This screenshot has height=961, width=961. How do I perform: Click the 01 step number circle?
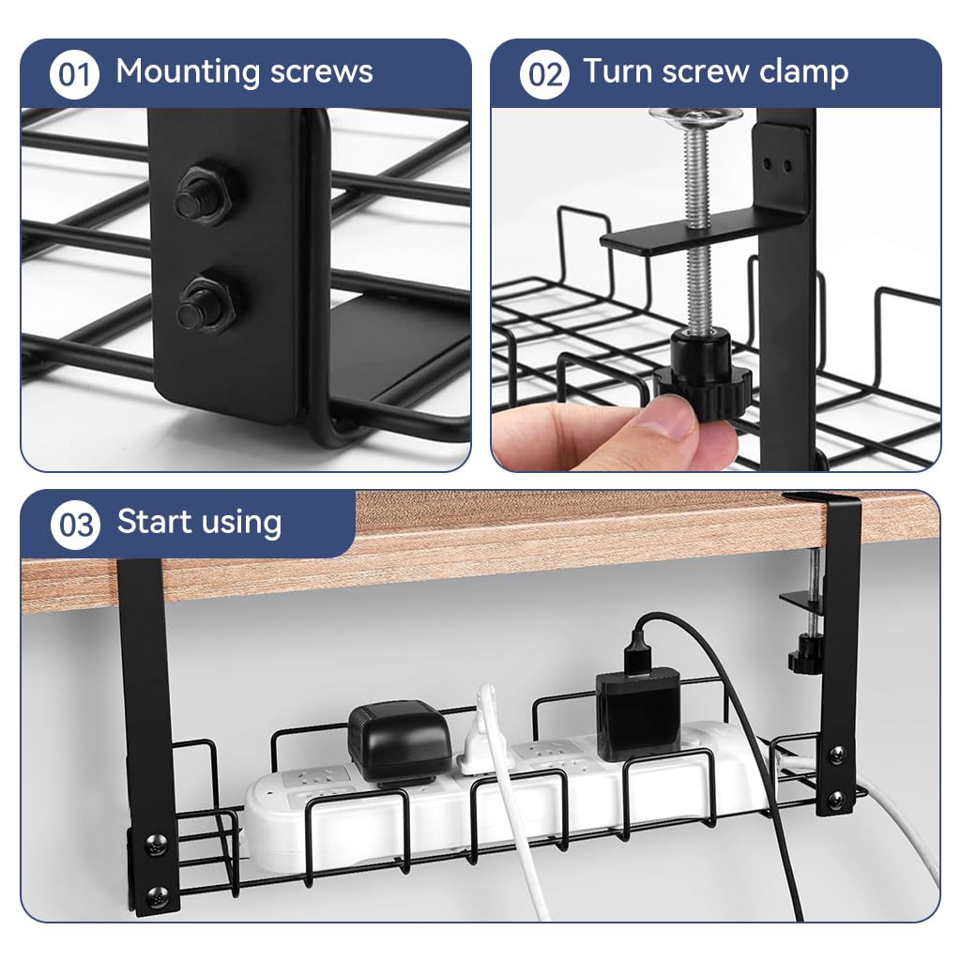pyautogui.click(x=74, y=74)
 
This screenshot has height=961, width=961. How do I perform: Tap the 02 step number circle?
pyautogui.click(x=544, y=74)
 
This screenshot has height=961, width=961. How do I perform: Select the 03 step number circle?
pyautogui.click(x=75, y=525)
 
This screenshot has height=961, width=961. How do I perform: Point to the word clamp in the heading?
pyautogui.click(x=803, y=73)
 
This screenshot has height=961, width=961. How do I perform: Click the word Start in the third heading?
pyautogui.click(x=155, y=522)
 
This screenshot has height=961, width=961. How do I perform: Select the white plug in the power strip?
pyautogui.click(x=480, y=733)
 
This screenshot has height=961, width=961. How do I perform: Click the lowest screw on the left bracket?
pyautogui.click(x=158, y=896)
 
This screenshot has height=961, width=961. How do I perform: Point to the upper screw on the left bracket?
pyautogui.click(x=157, y=844)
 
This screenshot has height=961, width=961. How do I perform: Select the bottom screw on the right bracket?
pyautogui.click(x=837, y=800)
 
